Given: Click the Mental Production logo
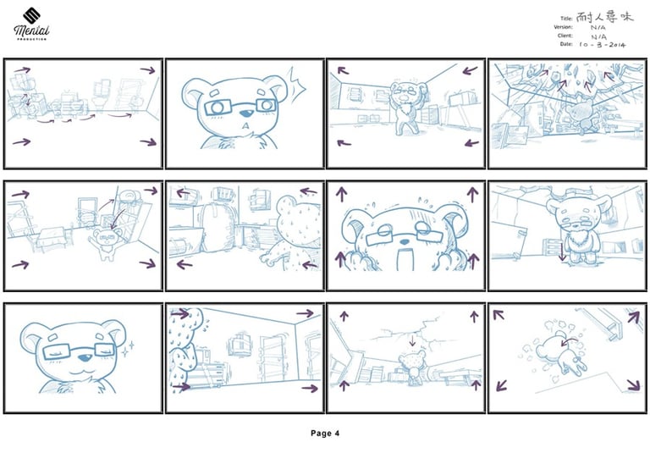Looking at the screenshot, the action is pos(31,24).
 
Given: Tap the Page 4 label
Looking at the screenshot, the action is pos(325,434).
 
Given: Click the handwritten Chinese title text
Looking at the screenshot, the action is pos(604,17).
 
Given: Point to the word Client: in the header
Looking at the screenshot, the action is pos(565,36).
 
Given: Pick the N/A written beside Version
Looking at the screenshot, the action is pos(598,27).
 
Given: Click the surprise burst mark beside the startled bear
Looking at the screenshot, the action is pos(297,82).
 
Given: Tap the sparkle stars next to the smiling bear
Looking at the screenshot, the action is pos(127,350).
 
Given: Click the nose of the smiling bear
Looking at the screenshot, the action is pos(84,358).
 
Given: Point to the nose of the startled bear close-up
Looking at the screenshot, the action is pos(245,113).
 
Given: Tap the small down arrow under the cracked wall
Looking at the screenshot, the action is pos(412,341).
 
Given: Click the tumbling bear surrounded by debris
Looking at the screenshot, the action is pos(559,351).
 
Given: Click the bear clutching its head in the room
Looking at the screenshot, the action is pos(405,107).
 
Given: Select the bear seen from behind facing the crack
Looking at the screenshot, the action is pos(412,367).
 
